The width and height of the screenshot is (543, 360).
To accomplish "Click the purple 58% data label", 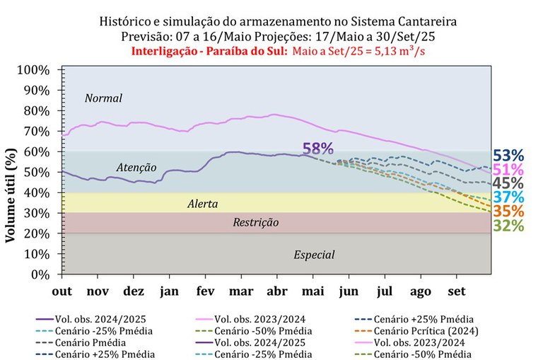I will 317,149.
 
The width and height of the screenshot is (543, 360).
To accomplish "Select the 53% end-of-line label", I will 508,155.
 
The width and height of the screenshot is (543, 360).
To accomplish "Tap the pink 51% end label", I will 508,169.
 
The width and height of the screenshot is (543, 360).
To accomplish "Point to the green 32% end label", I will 508,226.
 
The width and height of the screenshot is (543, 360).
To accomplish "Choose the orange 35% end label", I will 508,211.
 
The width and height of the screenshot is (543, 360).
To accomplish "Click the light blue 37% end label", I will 508,197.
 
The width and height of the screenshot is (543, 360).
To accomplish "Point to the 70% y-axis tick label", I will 35,132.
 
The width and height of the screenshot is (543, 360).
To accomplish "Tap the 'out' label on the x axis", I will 63,290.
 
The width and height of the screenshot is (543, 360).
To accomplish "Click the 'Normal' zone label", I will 103,98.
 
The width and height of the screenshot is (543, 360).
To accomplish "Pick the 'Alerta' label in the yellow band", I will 202,204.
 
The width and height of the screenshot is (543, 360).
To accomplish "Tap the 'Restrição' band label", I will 256,223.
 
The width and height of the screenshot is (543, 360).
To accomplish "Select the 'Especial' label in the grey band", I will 314,255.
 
